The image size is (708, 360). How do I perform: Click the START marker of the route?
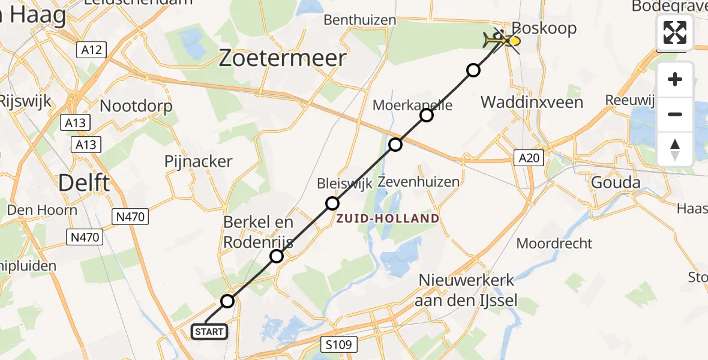pos(209,331)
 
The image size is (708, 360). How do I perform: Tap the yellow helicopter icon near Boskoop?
pos(502,41)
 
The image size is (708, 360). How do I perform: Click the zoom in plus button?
pos(675,79)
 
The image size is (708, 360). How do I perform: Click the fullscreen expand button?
pos(675,32)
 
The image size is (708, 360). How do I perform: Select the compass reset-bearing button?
pos(675,149)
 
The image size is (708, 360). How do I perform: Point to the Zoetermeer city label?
pos(282,58)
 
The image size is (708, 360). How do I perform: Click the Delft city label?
pos(84,182)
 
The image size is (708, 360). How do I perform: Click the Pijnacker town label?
pos(198,161)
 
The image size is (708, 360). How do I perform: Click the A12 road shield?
pos(92,50)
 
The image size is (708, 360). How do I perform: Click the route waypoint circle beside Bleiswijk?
pos(332,203)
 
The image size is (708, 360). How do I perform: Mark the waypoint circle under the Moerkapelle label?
pos(427,115)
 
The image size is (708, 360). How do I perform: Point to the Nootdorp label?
pos(136,106)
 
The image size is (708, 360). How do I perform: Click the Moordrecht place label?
pos(554,243)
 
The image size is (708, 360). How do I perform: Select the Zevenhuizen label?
pos(419,181)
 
